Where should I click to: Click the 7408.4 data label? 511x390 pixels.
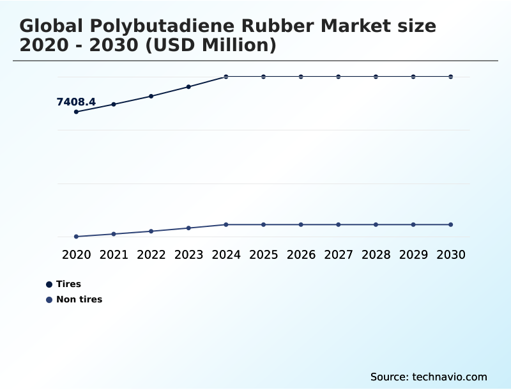(x=76, y=102)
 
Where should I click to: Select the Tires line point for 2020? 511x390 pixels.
(x=76, y=112)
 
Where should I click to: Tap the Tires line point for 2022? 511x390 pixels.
(x=151, y=96)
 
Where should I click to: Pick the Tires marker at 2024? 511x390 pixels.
(x=226, y=77)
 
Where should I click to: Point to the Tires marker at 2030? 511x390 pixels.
(x=451, y=77)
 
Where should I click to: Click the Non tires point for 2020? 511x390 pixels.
(x=76, y=237)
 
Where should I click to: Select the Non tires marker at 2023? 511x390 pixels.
(x=188, y=228)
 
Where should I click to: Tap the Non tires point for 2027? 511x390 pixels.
(x=339, y=224)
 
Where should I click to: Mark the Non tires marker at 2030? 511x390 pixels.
(x=451, y=224)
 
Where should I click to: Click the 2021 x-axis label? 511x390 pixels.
(x=114, y=254)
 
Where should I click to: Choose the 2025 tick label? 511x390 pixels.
(x=264, y=254)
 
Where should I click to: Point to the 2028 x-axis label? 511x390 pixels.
(x=376, y=254)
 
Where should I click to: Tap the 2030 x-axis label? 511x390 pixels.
(x=451, y=254)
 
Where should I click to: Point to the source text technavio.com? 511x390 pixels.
(x=450, y=377)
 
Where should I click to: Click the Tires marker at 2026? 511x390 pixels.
(x=301, y=77)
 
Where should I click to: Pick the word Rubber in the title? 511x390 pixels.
(x=278, y=26)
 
